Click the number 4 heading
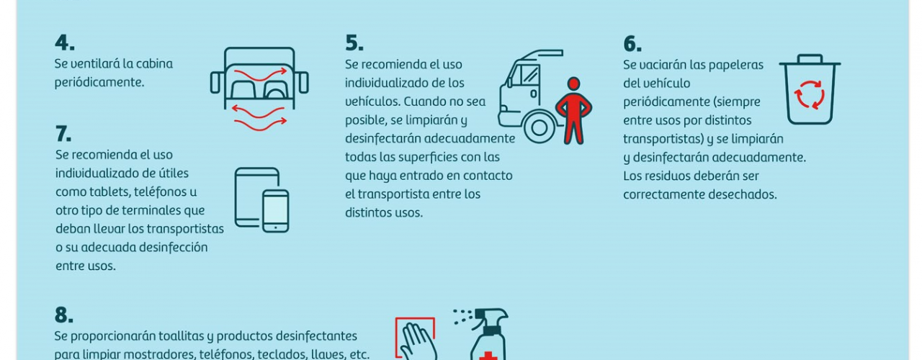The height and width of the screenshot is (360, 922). click(x=65, y=42)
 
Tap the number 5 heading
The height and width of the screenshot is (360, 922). click(x=354, y=43)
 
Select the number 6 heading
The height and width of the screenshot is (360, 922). click(x=632, y=44)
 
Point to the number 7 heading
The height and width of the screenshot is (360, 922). click(x=63, y=134)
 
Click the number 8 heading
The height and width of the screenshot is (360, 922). click(x=64, y=315)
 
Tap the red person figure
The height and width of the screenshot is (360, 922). click(x=574, y=110)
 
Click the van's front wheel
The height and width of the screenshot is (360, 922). click(x=539, y=127)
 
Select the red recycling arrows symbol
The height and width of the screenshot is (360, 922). click(x=809, y=94)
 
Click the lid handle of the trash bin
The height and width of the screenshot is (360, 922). click(x=810, y=58)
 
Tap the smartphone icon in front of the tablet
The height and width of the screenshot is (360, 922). click(x=275, y=211)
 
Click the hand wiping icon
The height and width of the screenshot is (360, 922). click(x=416, y=338)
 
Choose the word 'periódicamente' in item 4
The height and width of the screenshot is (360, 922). click(x=99, y=83)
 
